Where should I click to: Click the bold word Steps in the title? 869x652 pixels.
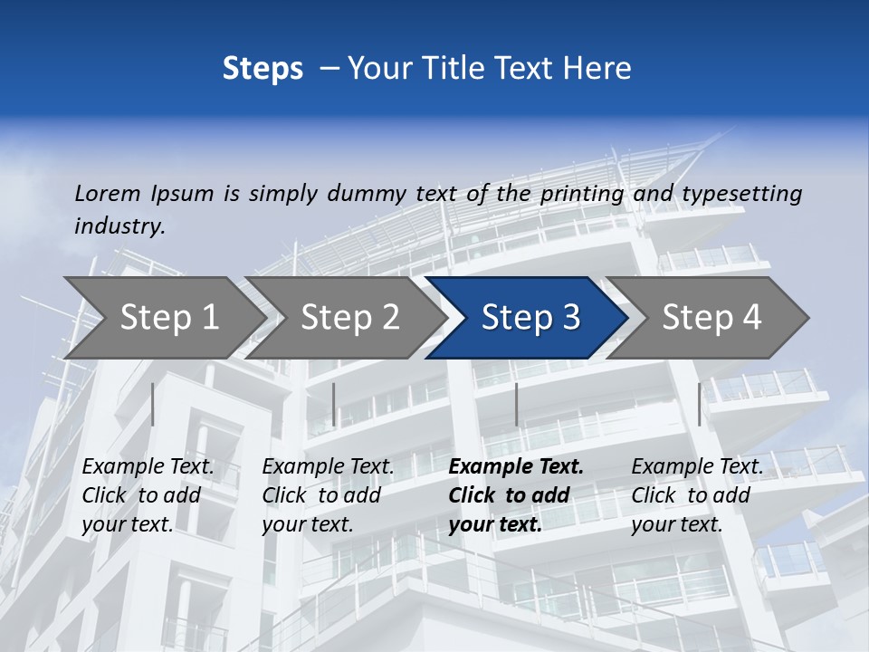tap(263, 69)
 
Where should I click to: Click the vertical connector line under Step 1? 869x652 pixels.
tap(153, 404)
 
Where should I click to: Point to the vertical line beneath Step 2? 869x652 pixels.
tap(334, 404)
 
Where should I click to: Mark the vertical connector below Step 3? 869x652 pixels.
tap(516, 404)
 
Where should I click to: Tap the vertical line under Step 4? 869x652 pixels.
tap(699, 404)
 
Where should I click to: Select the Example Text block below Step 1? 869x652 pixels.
tap(148, 495)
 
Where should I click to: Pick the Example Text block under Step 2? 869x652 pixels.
tap(328, 495)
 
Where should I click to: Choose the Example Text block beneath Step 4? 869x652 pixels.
tap(697, 495)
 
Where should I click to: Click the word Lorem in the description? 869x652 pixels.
tap(108, 193)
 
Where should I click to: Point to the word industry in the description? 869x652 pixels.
tap(119, 226)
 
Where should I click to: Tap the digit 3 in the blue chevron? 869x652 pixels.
tap(570, 317)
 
